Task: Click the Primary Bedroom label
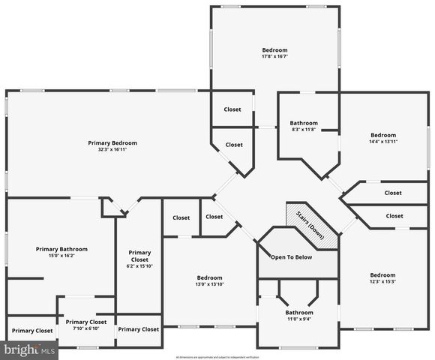[x=112, y=142]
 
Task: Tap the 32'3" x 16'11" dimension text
[x=112, y=149]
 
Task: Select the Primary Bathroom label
[x=61, y=249]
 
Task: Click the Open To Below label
[x=292, y=256]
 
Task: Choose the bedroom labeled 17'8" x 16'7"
[x=274, y=50]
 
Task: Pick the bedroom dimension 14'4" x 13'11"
[x=382, y=141]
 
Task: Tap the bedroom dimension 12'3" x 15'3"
[x=382, y=281]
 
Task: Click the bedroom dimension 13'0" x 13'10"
[x=209, y=283]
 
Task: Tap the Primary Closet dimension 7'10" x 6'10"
[x=86, y=328]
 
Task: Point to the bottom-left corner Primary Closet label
[x=32, y=330]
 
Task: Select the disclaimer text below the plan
[x=217, y=356]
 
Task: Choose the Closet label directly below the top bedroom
[x=232, y=109]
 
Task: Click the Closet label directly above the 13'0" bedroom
[x=181, y=218]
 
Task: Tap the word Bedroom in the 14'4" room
[x=382, y=135]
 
